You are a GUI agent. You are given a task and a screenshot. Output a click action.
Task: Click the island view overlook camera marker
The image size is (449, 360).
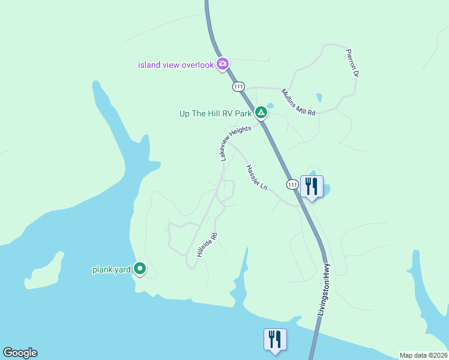coord(223,63)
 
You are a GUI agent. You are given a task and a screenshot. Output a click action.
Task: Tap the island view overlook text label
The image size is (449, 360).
coord(176,65)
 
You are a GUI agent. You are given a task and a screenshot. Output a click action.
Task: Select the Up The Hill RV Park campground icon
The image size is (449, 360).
coord(261,112)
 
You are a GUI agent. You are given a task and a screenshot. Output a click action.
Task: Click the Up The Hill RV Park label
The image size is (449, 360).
coord(215,113)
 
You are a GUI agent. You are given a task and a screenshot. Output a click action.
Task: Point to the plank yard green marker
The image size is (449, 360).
coord(140,269)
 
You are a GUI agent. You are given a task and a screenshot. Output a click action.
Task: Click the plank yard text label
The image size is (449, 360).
coord(111,270)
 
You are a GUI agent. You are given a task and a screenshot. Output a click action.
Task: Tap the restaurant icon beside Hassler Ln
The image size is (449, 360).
coord(312,187)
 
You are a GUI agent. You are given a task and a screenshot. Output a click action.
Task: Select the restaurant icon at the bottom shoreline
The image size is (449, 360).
coord(275,339)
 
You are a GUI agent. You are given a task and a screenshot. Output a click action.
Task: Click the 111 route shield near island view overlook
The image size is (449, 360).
coord(240,87)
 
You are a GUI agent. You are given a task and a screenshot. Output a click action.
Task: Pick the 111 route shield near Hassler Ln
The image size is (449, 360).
coord(292,185)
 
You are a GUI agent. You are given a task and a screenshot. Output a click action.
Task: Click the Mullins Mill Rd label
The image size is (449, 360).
coord(298,102)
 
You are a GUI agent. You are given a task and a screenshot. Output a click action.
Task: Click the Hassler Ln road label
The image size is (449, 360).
coord(256,178)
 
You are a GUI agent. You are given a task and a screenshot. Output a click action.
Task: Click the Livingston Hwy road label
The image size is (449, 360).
coord(325,291)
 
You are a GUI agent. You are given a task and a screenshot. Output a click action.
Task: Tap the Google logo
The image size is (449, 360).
coord(20,353)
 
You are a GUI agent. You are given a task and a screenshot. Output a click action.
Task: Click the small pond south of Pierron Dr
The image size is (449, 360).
coord(318,97)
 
